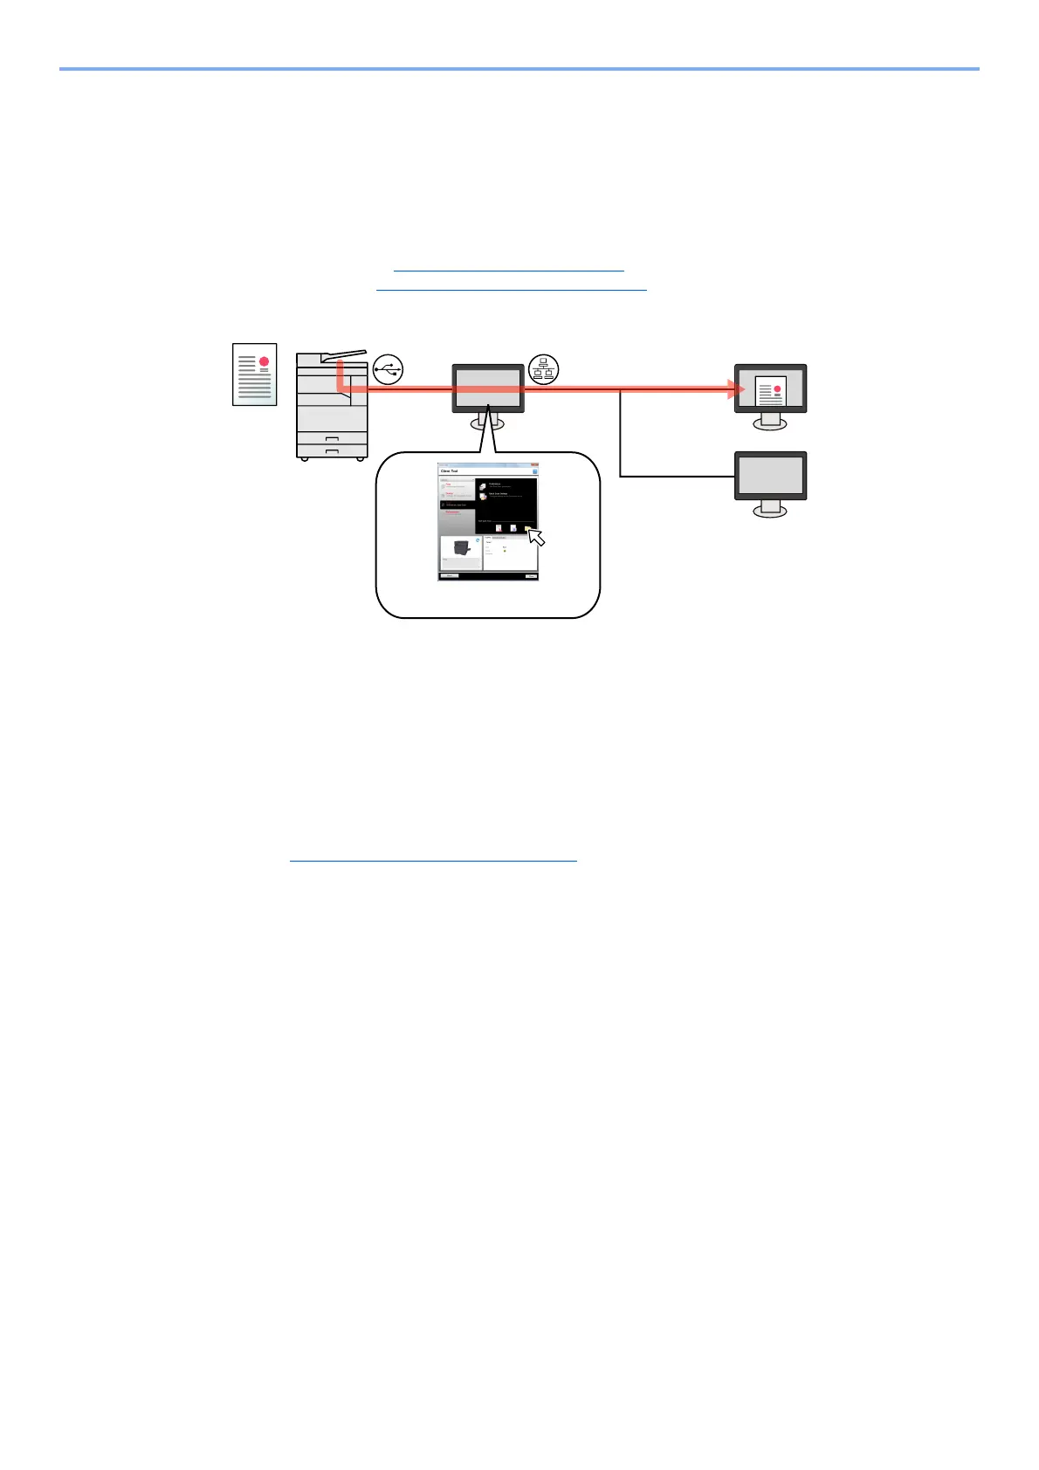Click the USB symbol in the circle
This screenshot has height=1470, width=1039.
click(388, 369)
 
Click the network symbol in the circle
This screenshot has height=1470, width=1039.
click(544, 369)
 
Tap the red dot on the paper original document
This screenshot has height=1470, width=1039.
click(264, 361)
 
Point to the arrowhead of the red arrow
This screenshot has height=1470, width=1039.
click(736, 389)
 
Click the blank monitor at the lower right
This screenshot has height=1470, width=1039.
click(770, 476)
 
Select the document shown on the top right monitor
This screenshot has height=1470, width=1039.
click(770, 391)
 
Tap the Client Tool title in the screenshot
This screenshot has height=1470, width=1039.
click(450, 471)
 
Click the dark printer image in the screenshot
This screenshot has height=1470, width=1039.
click(462, 548)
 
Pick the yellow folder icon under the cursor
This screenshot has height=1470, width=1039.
click(528, 528)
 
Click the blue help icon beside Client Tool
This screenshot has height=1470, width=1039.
click(534, 471)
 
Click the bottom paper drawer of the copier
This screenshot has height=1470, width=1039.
click(332, 450)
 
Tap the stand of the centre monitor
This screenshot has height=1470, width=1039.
click(488, 422)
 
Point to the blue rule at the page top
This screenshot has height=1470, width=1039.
click(519, 68)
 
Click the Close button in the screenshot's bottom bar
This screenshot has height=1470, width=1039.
click(531, 576)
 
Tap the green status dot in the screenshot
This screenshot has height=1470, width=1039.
click(505, 551)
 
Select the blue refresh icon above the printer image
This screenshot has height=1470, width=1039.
click(478, 539)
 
